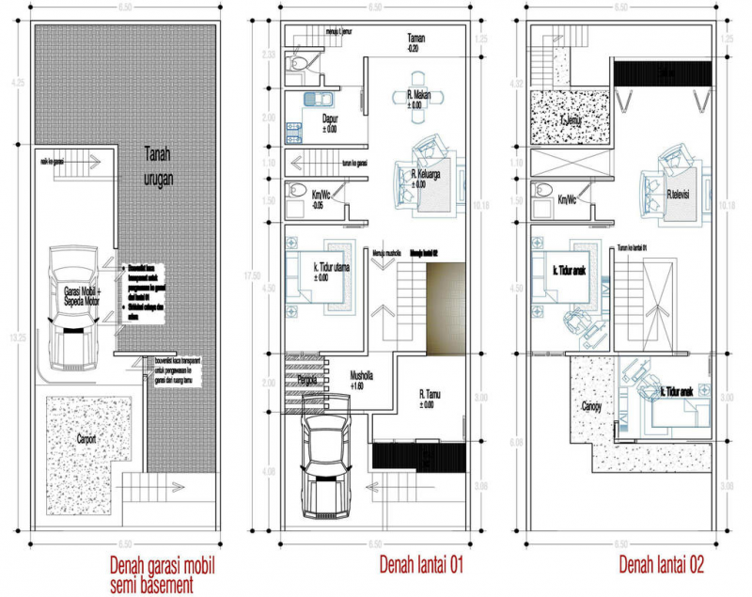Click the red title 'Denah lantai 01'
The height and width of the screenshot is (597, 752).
[422, 565]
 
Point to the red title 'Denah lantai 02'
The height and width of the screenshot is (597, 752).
[662, 565]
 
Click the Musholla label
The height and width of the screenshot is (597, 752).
[362, 375]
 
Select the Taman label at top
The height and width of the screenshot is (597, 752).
[415, 41]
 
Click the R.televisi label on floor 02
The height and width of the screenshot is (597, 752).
[681, 195]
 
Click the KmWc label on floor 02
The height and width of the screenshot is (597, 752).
[568, 199]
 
